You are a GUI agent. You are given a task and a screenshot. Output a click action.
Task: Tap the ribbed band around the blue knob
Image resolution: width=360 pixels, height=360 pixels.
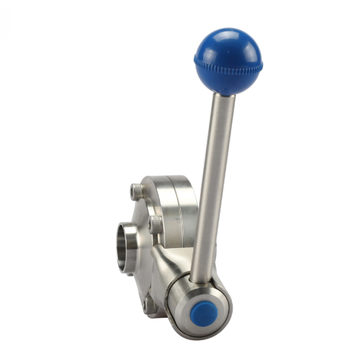pyautogui.click(x=227, y=66)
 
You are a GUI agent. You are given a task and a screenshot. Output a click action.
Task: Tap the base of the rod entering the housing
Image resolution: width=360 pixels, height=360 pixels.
pyautogui.click(x=200, y=279)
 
